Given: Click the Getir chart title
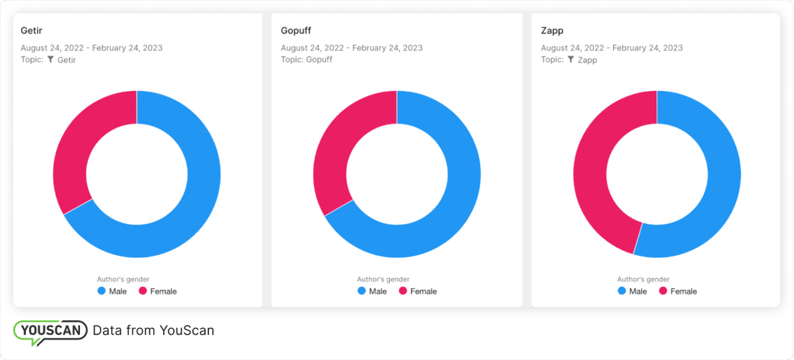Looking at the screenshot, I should (x=32, y=30).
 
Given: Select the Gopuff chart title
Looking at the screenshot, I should (x=295, y=30).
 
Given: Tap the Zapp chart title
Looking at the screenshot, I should (x=552, y=30).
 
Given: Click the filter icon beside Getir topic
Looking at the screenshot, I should (x=51, y=60).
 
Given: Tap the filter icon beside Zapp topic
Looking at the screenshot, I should (x=571, y=60).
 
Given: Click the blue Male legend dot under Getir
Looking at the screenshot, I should (x=101, y=291).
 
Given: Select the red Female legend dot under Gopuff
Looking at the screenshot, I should (x=403, y=291).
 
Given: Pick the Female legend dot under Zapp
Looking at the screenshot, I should (x=662, y=291).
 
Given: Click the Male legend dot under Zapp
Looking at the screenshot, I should (x=622, y=291).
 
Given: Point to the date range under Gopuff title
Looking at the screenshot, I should (x=351, y=48).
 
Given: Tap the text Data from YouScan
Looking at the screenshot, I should (x=153, y=331).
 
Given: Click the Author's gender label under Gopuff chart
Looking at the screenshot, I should (x=383, y=279).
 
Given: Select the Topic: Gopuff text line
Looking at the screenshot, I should (x=306, y=60).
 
